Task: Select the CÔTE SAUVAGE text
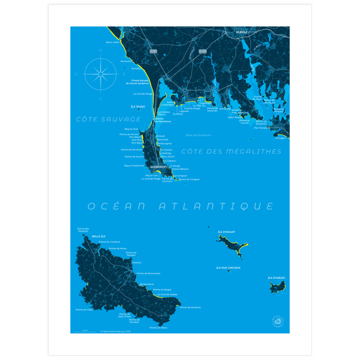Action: point(104,118)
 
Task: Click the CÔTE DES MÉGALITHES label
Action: point(232,151)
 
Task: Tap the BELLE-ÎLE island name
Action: point(89,236)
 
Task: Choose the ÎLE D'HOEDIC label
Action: point(278,277)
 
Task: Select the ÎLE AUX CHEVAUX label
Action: point(228,267)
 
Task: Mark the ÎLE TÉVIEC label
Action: point(137,106)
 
